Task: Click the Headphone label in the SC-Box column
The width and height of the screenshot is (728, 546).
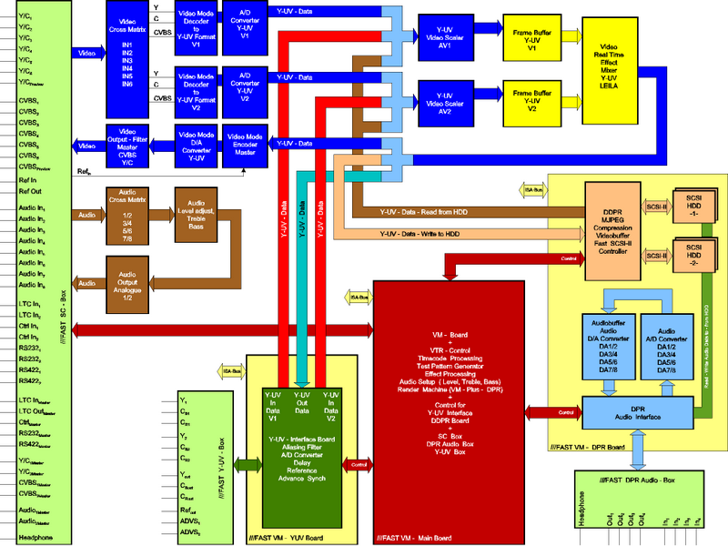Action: tap(32, 537)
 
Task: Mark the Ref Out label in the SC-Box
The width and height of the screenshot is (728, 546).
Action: tap(29, 191)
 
